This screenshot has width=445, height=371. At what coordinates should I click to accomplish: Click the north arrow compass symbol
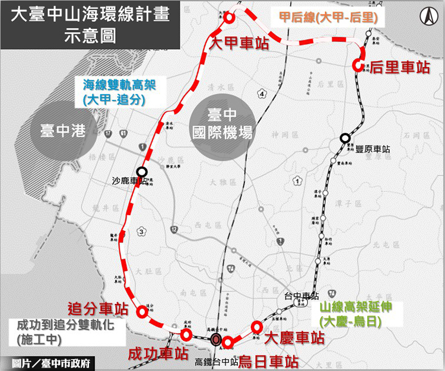pos(427,17)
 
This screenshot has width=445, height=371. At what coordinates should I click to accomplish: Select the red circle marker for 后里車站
pos(358,65)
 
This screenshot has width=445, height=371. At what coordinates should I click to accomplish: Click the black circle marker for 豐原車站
pos(345,139)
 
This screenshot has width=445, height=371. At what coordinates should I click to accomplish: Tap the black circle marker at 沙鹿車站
pos(142,171)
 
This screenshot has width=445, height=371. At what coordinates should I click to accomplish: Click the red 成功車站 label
pos(158,354)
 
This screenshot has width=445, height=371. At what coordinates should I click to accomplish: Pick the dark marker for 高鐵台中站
pos(217,340)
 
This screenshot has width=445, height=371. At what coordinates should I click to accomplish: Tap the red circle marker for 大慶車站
pos(257,327)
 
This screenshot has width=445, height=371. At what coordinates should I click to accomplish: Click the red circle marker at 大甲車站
pos(229,18)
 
